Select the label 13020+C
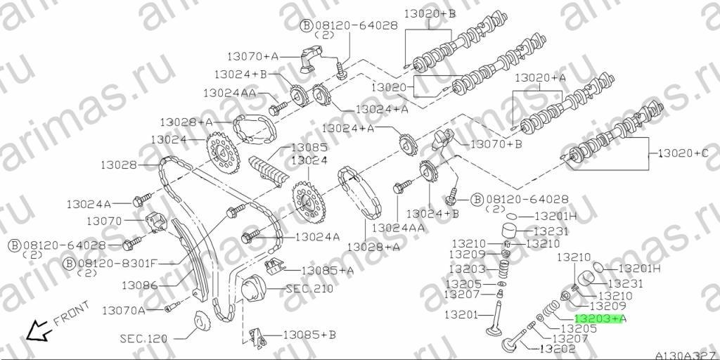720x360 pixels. pos(683,153)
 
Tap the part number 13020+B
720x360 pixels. pos(430,14)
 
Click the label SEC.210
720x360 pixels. pos(309,289)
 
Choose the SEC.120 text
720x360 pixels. pos(143,340)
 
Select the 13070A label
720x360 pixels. pos(124,311)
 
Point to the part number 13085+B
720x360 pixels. pos(309,335)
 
